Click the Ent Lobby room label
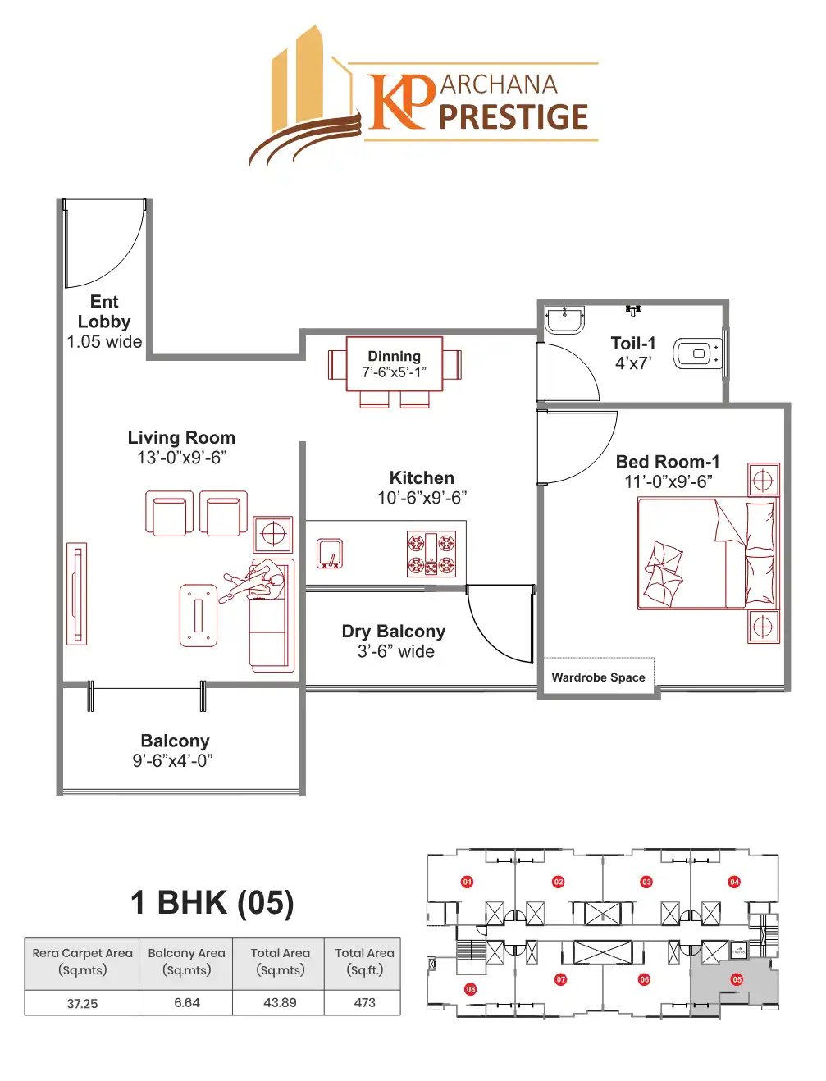pyautogui.click(x=104, y=312)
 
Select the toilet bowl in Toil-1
pyautogui.click(x=696, y=353)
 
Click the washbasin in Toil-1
pyautogui.click(x=564, y=318)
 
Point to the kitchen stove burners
pyautogui.click(x=431, y=554)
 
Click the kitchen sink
pyautogui.click(x=330, y=554)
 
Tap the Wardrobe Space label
pyautogui.click(x=598, y=677)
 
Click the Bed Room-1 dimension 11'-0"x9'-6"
pyautogui.click(x=669, y=482)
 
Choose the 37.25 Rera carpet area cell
pyautogui.click(x=82, y=1003)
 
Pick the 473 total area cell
pyautogui.click(x=364, y=1002)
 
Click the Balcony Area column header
pyautogui.click(x=186, y=961)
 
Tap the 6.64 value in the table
pyautogui.click(x=187, y=1002)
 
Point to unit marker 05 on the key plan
pyautogui.click(x=737, y=979)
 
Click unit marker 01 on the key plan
pyautogui.click(x=467, y=882)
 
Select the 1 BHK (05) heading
pyautogui.click(x=212, y=902)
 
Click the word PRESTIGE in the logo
pyautogui.click(x=513, y=117)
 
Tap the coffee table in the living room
pyautogui.click(x=199, y=615)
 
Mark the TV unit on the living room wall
pyautogui.click(x=76, y=593)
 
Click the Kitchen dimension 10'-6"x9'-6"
pyautogui.click(x=422, y=498)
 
